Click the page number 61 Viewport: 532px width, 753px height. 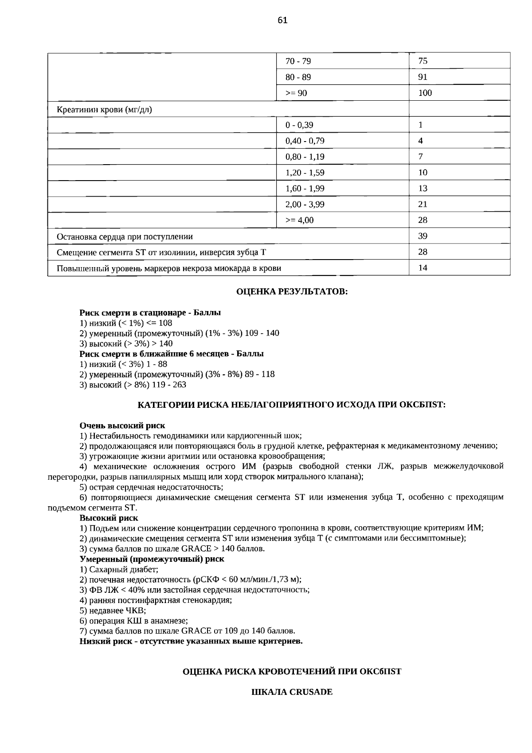(x=282, y=20)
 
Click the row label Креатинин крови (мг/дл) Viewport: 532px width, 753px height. (x=104, y=110)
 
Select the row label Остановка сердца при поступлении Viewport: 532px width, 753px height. (x=125, y=237)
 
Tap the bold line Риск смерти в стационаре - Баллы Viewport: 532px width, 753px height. (x=150, y=313)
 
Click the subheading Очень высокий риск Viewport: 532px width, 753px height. (x=122, y=426)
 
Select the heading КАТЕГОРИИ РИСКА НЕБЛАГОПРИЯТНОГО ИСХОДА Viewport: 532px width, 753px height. (x=291, y=405)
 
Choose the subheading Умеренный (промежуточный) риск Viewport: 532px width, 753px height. (x=152, y=559)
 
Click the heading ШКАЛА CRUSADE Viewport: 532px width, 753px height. (x=292, y=692)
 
